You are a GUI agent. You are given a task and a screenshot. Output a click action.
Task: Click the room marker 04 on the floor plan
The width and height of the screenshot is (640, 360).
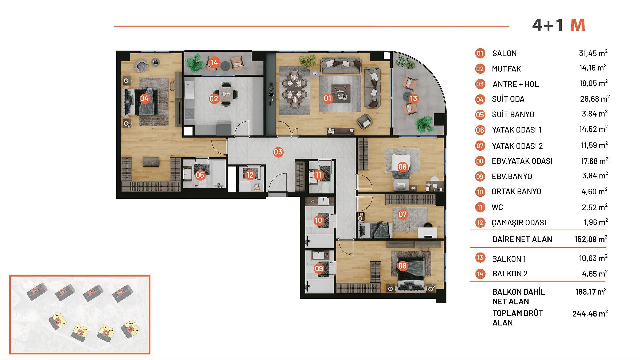144,98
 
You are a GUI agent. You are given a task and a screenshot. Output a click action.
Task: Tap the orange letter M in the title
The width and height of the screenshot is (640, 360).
577,25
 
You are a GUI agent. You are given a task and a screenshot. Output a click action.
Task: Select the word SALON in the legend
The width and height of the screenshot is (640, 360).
504,53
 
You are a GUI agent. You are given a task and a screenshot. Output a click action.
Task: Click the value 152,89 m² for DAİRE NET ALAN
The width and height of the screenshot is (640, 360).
591,239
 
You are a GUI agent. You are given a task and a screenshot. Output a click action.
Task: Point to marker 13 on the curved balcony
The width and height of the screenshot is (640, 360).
413,98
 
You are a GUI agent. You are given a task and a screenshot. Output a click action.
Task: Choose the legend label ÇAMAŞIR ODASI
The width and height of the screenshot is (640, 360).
519,223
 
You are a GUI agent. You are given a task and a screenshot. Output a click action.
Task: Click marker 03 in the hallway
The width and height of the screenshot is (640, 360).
278,152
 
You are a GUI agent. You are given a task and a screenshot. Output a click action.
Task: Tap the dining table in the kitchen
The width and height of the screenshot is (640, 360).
226,94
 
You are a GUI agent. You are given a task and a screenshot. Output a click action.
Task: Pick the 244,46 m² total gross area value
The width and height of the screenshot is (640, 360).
590,314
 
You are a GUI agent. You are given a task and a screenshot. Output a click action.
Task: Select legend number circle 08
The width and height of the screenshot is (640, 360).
480,161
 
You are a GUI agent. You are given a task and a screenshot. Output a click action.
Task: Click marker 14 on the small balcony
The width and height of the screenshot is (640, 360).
214,62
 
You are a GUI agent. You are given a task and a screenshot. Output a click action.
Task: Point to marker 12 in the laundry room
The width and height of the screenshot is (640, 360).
250,175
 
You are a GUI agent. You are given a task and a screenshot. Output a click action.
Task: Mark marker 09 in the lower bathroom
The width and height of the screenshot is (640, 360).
319,269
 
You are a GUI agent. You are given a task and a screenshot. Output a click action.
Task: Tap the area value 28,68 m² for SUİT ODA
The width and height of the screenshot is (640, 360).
595,99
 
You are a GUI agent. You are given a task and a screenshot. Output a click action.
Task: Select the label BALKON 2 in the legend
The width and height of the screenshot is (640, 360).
510,274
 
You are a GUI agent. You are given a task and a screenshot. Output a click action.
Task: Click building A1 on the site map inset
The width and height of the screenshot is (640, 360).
120,292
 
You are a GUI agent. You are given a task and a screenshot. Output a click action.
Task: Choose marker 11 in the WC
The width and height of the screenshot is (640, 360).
319,175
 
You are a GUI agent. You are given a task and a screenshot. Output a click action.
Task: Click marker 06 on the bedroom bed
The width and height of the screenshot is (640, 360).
402,167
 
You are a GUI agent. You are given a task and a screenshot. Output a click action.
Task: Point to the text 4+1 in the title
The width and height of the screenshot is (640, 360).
547,25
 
